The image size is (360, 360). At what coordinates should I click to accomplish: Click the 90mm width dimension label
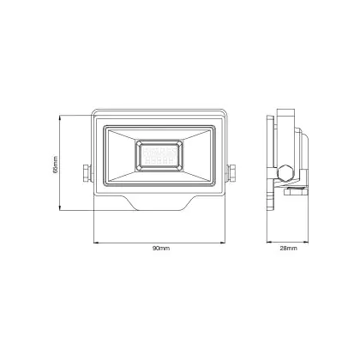tap(161, 248)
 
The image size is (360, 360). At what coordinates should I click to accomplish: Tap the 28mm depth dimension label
tap(288, 248)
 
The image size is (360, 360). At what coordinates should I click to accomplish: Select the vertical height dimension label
tap(56, 165)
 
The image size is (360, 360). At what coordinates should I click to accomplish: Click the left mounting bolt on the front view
tap(87, 172)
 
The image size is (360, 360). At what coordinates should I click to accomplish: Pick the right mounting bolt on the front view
tap(231, 172)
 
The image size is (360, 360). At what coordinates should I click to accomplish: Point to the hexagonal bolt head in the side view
tap(285, 173)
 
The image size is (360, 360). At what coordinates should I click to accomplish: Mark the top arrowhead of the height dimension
tap(60, 117)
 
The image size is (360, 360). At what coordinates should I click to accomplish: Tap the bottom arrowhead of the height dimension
tap(60, 208)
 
